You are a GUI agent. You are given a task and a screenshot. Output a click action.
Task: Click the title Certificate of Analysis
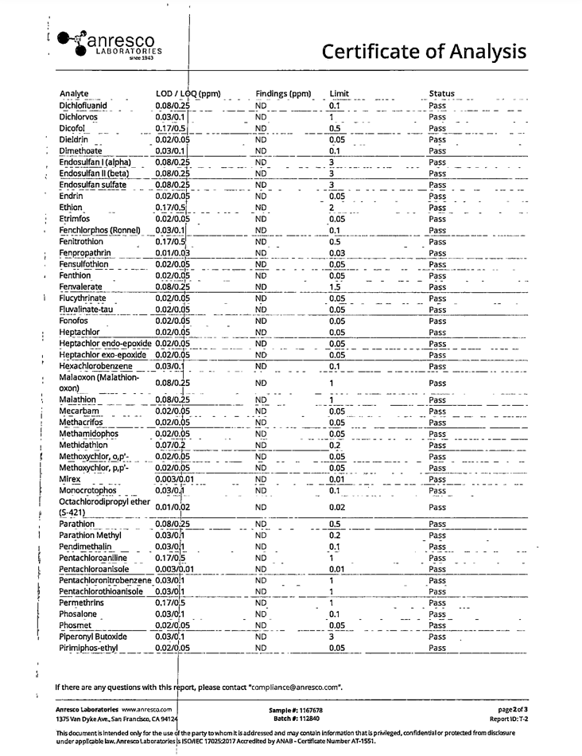(x=424, y=51)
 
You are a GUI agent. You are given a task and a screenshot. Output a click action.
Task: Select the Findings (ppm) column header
(x=283, y=93)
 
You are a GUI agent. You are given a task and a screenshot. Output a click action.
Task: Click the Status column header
(x=441, y=93)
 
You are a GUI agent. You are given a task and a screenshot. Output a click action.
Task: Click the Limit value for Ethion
(x=332, y=207)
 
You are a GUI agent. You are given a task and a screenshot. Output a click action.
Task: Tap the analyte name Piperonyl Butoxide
(x=93, y=637)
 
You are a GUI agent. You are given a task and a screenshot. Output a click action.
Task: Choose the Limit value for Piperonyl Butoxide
(x=332, y=637)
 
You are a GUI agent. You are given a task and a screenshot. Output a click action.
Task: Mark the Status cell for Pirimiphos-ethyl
(x=437, y=649)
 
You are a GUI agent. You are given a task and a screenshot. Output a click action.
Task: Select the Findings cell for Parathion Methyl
(x=260, y=536)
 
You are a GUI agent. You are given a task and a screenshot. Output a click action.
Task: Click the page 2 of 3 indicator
(x=512, y=709)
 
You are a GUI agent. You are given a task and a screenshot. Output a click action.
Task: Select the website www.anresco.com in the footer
(x=147, y=709)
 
